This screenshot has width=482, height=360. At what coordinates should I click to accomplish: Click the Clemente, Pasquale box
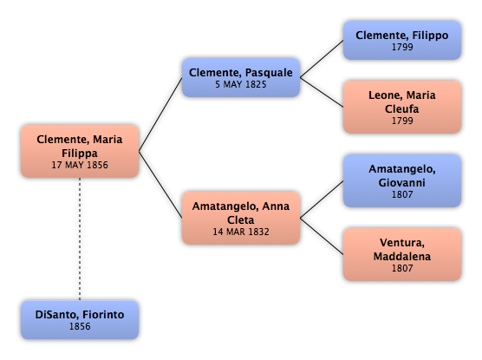click(241, 77)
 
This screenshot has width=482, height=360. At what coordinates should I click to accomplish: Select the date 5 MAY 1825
click(241, 84)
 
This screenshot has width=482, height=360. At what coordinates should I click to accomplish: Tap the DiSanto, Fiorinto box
click(80, 320)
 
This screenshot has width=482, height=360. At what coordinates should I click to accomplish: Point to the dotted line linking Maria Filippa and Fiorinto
click(80, 239)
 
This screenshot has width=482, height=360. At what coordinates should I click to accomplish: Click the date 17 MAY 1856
click(80, 165)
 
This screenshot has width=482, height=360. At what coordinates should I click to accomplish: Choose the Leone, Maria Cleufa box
click(402, 107)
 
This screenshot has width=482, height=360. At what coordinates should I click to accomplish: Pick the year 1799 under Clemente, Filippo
click(402, 47)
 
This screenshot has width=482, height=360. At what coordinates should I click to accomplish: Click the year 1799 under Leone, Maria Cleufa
click(402, 121)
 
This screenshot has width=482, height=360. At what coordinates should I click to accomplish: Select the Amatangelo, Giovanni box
click(402, 180)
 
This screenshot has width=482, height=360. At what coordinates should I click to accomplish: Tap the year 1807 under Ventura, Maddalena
click(402, 268)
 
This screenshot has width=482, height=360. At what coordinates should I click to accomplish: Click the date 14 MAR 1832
click(241, 232)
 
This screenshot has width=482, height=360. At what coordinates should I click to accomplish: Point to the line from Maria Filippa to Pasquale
click(160, 115)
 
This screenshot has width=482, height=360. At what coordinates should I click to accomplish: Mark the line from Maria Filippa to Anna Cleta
click(160, 185)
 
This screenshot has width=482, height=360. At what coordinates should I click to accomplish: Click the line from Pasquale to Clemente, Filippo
click(322, 59)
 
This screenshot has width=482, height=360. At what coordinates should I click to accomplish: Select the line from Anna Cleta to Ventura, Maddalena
click(322, 236)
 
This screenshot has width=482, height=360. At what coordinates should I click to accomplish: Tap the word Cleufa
click(402, 109)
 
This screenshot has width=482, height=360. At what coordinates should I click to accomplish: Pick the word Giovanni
click(402, 183)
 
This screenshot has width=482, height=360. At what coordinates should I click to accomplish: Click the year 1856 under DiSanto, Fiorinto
click(80, 326)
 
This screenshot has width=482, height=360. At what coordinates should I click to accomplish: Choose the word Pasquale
click(269, 73)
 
